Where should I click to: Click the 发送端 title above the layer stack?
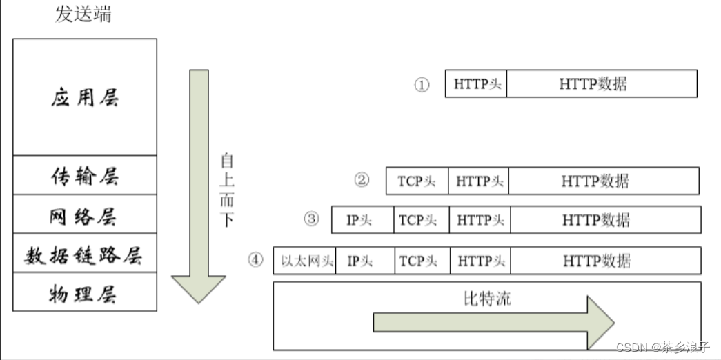tap(83, 14)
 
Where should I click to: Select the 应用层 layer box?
tap(85, 97)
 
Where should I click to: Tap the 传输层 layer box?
tap(85, 176)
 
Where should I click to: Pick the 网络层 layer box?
tap(85, 215)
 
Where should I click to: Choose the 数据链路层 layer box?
tap(85, 254)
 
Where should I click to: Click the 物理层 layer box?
tap(85, 292)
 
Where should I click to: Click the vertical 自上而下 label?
tap(226, 190)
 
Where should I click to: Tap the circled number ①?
tap(422, 85)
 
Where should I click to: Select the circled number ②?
tap(362, 181)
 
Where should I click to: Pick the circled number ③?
tap(311, 219)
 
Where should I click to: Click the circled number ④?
tap(256, 260)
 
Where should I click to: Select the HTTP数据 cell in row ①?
tap(602, 84)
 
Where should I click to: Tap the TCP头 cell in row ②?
tap(417, 181)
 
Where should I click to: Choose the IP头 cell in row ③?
tap(363, 220)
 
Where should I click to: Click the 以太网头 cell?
tap(306, 261)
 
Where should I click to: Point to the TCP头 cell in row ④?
tap(422, 261)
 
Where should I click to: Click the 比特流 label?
tap(487, 299)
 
